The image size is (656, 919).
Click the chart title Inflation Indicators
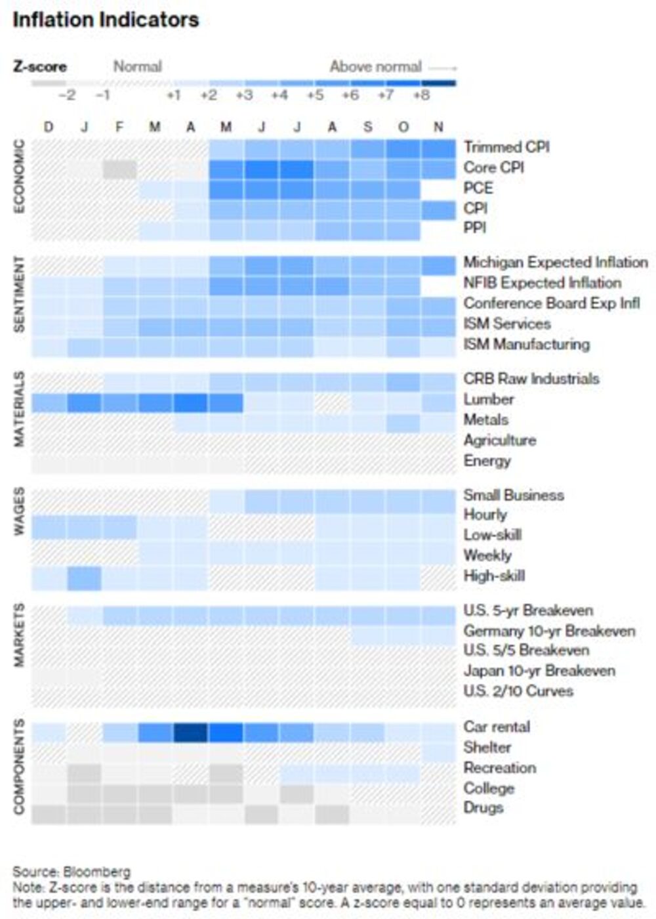tap(106, 20)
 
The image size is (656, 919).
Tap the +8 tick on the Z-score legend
tap(421, 95)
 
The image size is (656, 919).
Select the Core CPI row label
tap(493, 167)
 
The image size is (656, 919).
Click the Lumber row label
tap(489, 399)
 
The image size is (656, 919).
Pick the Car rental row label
tap(497, 727)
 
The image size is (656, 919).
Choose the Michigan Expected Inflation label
tap(556, 263)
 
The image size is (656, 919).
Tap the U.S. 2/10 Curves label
tap(518, 691)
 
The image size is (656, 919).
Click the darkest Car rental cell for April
tap(190, 732)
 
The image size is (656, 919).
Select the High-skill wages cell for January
tap(84, 578)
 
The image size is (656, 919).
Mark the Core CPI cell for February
tap(119, 169)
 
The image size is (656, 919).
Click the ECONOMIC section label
tap(19, 176)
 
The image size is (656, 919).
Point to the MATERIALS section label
tap(19, 409)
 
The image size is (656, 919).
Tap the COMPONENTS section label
tap(19, 767)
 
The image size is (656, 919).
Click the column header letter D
tap(49, 127)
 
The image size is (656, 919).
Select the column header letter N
tap(438, 127)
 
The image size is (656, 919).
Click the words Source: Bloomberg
tap(72, 872)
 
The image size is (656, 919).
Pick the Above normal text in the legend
tap(375, 66)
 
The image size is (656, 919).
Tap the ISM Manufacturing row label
tap(526, 344)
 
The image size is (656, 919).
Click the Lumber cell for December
tap(49, 402)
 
